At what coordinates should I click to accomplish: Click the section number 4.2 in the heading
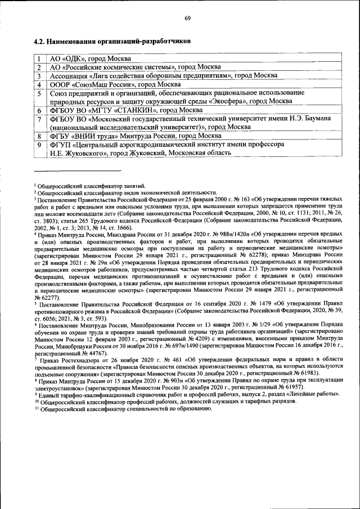coord(39,42)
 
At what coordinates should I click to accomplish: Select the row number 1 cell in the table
coord(39,58)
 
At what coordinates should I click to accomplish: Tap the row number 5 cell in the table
coord(39,97)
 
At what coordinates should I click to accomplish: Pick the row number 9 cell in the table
coord(39,148)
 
